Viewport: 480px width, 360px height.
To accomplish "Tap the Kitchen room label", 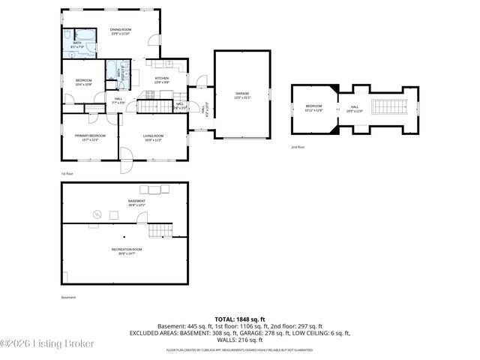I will point(161,79).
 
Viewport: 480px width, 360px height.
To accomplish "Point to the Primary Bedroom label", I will point(89,136).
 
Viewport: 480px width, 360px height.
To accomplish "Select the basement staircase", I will point(159,229).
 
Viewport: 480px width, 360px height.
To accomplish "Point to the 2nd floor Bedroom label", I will point(313,107).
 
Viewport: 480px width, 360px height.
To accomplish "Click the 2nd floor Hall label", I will point(354,107).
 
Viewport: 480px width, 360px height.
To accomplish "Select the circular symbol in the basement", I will point(95,215).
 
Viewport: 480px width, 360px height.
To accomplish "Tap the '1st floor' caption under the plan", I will point(67,173).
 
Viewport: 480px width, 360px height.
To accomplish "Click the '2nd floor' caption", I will point(298,147).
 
